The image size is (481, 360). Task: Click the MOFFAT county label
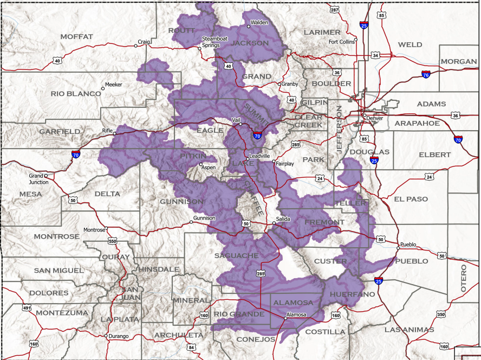point(77,36)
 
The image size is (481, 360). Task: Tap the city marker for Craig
point(136,46)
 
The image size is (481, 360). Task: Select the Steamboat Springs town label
point(211,42)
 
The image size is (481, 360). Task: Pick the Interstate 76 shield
point(426,75)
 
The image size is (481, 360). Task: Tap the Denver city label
point(374,118)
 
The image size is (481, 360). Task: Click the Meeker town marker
point(103,88)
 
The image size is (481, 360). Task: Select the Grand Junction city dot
point(46,176)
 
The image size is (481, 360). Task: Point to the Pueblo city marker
point(398,249)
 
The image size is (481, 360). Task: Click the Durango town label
point(119,336)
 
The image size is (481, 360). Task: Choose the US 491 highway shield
point(27,307)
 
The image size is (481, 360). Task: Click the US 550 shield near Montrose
point(113,240)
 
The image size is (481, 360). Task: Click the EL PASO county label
point(411,199)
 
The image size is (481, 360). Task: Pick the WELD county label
point(409,44)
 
